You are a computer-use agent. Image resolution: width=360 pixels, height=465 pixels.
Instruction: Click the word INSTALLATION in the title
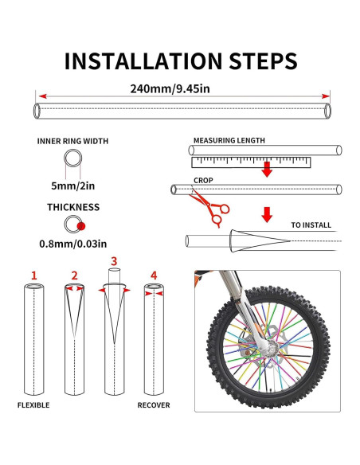point(143,61)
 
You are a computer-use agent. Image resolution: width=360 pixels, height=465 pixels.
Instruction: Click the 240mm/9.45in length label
point(170,88)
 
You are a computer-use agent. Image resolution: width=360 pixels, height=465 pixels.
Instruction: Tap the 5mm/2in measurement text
point(73,186)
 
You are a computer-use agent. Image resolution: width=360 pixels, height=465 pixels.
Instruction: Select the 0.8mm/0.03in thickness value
point(73,244)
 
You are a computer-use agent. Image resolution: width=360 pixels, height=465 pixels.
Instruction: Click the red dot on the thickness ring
point(81,226)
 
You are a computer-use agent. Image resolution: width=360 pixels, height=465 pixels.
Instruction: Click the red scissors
point(209,208)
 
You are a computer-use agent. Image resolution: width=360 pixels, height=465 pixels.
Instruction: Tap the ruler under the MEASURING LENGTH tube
point(251,162)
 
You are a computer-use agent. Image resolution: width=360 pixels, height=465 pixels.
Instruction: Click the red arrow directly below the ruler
point(267,170)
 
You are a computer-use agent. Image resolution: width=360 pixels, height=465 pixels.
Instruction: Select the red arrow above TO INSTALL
point(267,214)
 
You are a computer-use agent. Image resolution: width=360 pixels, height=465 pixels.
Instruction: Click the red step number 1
point(34,275)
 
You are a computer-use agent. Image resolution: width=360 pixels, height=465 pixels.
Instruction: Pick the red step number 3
point(114,261)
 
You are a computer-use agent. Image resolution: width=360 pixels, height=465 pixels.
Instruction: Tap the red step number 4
point(154,275)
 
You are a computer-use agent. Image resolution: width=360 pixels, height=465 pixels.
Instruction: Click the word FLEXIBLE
point(33,405)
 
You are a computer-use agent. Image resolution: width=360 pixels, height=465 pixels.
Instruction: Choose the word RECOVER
point(154,405)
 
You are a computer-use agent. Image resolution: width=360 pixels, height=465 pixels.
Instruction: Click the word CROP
point(203,180)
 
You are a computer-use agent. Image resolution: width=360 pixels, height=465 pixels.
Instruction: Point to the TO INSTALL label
point(311,225)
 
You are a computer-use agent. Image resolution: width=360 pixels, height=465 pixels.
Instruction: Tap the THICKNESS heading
point(73,207)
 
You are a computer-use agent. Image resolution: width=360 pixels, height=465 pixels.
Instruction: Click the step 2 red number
point(74,275)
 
